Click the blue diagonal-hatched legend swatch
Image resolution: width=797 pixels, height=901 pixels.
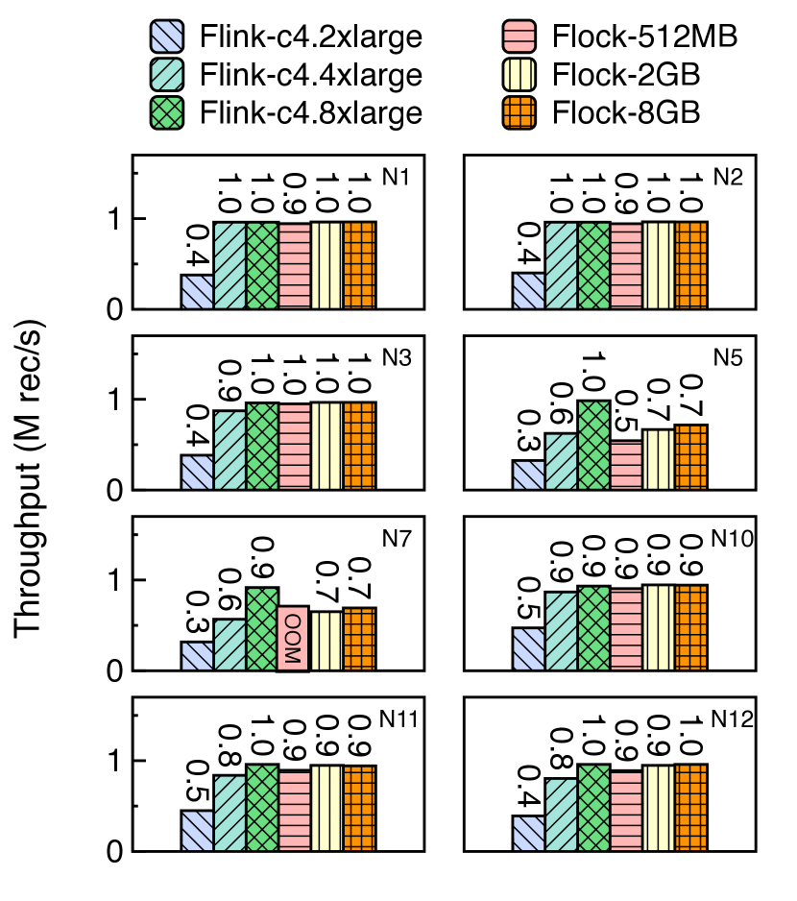coord(167,37)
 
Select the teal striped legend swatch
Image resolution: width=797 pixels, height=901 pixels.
coord(167,74)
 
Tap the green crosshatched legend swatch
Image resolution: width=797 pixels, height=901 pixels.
coord(167,112)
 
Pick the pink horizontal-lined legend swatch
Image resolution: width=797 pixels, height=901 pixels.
coord(519,37)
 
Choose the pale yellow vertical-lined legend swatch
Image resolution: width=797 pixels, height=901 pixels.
coord(519,74)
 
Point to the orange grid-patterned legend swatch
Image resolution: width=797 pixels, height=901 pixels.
coord(519,112)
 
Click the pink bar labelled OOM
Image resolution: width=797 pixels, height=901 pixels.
coord(294,638)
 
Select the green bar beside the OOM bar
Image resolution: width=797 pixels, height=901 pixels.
coord(262,629)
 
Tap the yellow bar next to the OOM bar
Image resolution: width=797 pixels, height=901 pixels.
coord(326,641)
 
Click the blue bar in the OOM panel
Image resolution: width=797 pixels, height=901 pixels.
coord(198,656)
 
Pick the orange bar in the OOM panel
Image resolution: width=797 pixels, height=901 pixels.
coord(359,639)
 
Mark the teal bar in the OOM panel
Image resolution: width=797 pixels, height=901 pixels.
coord(229,645)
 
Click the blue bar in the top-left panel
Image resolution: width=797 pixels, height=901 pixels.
coord(198,292)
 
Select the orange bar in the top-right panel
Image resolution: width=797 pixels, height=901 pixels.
coord(690,266)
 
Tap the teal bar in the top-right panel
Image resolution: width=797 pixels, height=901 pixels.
coord(562,266)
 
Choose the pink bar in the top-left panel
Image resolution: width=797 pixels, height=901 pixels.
coord(294,266)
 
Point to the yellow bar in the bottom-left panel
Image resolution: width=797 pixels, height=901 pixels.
coord(326,808)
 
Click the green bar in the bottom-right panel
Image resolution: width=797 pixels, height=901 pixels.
coord(593,808)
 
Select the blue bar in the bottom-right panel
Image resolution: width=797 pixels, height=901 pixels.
coord(529,834)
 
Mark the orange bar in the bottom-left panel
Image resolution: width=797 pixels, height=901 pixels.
coord(359,808)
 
